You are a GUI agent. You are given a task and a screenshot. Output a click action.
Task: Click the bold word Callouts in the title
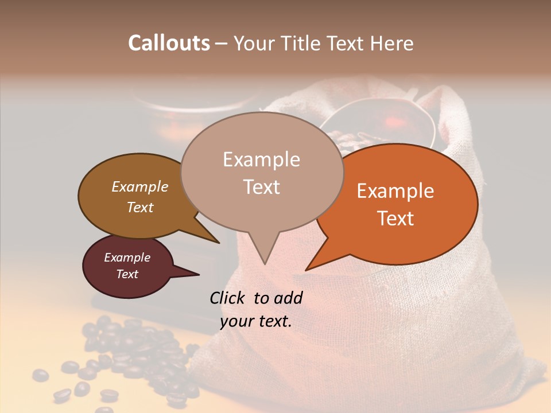tap(169, 43)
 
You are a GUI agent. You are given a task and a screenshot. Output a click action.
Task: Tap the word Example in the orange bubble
tap(395, 191)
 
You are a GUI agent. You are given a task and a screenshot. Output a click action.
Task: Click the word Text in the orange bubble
tap(395, 219)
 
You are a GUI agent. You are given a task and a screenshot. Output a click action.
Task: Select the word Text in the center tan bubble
tap(261, 187)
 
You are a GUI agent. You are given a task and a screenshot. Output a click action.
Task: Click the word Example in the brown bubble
tap(140, 186)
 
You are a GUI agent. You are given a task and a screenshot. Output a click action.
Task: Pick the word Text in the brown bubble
tap(140, 207)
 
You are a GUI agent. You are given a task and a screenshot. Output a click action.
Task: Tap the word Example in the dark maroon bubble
tap(127, 258)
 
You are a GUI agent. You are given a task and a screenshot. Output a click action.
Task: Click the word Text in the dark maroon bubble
tap(127, 274)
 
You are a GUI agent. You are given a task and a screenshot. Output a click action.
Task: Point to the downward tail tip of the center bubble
tap(265, 264)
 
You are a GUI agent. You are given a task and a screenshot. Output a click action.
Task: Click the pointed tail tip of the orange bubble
tap(306, 270)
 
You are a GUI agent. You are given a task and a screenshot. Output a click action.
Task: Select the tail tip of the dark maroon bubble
tap(199, 275)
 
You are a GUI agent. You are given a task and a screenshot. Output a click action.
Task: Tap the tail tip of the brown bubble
tap(219, 243)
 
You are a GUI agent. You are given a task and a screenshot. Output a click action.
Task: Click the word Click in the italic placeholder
tap(228, 298)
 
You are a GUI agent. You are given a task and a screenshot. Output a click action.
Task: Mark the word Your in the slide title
tap(253, 43)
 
